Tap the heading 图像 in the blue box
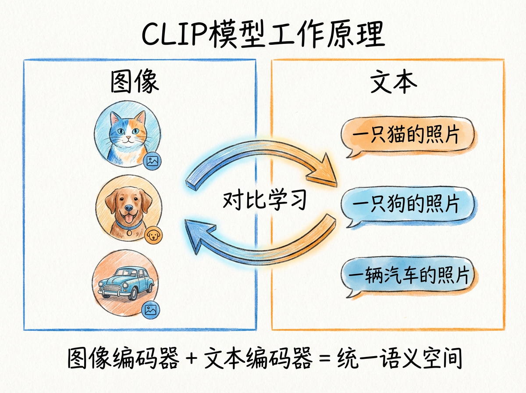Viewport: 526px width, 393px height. [135, 82]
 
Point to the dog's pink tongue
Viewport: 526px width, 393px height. [129, 219]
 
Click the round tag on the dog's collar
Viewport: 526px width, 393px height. [129, 232]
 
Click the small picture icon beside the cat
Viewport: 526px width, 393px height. [152, 161]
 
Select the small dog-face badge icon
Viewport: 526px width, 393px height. [153, 235]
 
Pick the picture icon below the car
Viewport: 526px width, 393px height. [150, 310]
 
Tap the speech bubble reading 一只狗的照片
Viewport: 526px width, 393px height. [407, 206]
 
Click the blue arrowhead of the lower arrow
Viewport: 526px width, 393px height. [199, 235]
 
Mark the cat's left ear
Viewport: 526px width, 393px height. [115, 118]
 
